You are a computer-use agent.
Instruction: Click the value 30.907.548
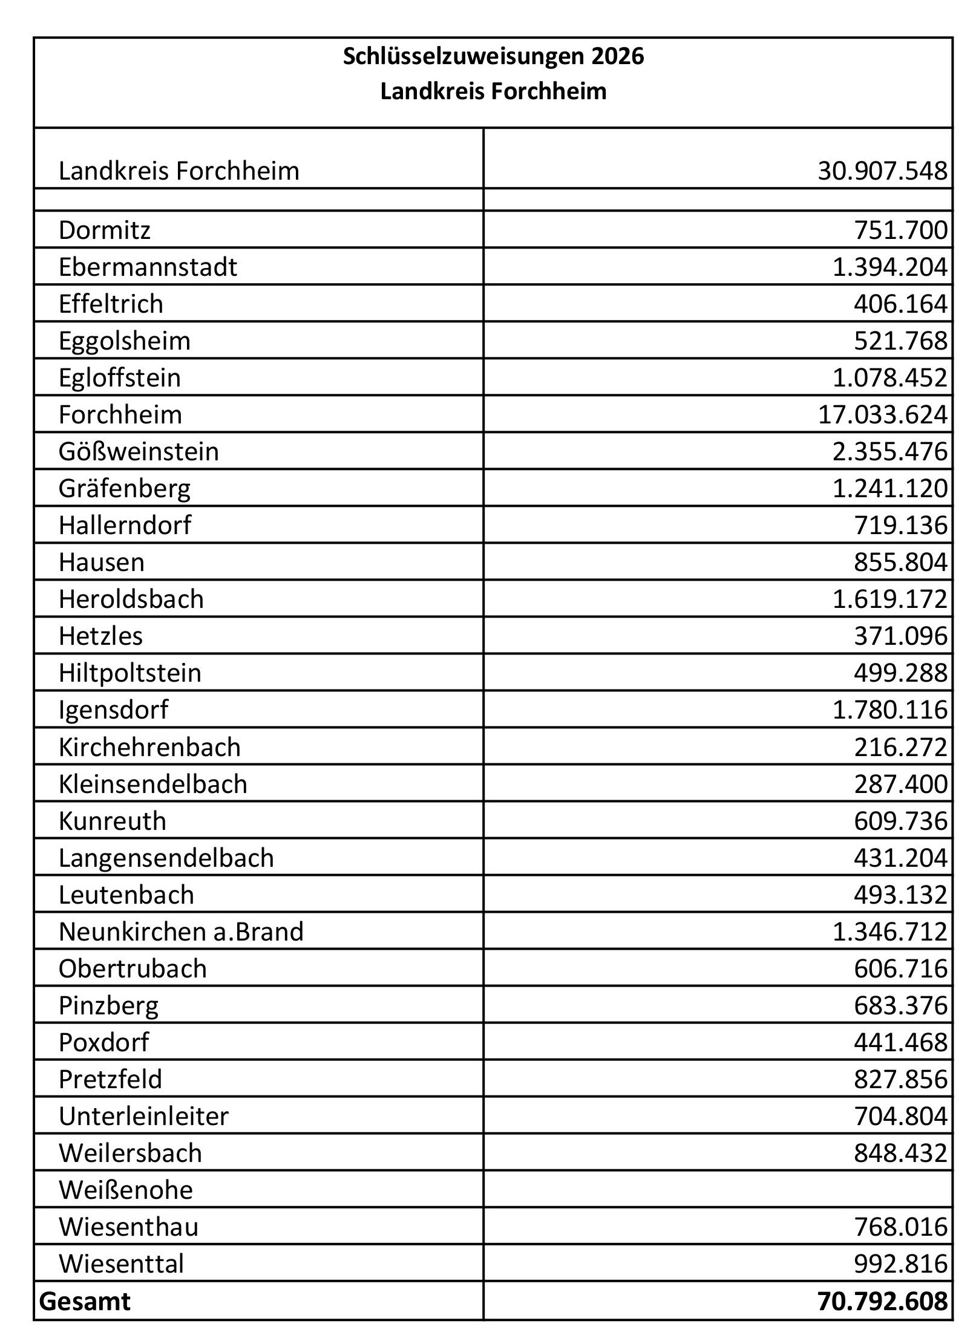(882, 171)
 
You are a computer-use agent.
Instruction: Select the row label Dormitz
(104, 230)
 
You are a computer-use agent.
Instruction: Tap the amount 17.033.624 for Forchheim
(882, 415)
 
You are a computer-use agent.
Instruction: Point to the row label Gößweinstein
(139, 452)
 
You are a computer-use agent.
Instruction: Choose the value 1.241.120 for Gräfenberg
(889, 489)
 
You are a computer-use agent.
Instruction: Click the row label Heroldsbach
(131, 599)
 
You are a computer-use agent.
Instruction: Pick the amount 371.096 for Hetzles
(900, 636)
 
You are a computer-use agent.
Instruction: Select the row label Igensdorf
(113, 710)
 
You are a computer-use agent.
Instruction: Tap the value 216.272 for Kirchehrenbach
(900, 748)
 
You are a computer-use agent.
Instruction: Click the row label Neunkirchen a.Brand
(181, 932)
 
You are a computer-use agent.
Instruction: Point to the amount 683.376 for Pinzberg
(900, 1005)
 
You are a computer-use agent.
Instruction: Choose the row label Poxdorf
(103, 1042)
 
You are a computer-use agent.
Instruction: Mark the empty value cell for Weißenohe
(718, 1190)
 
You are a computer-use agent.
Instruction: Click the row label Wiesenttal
(121, 1264)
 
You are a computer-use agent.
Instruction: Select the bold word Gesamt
(85, 1301)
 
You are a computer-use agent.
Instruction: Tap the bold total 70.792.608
(882, 1301)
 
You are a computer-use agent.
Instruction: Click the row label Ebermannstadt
(148, 267)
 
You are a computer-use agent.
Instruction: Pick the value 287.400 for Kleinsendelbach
(900, 785)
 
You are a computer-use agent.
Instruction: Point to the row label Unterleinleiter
(143, 1116)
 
